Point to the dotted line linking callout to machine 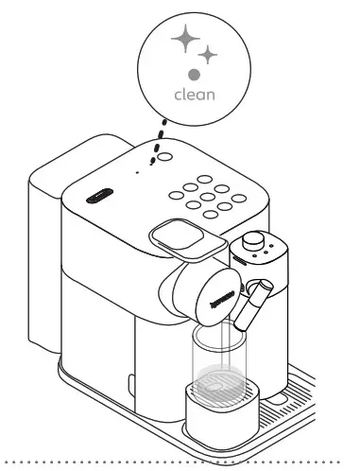click(163, 132)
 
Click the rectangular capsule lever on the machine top click(175, 233)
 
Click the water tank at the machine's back click(43, 246)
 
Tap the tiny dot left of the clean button click(139, 172)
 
